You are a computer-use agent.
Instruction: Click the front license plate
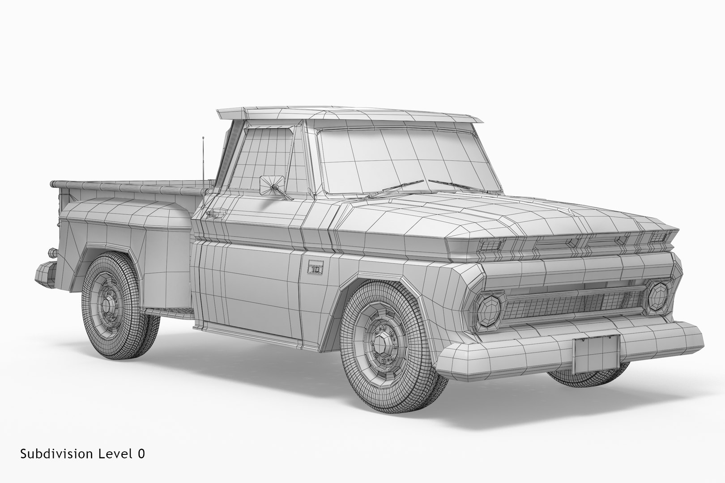coord(596,354)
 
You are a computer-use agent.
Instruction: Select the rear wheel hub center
coord(107,305)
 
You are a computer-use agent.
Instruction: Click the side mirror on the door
coord(272,186)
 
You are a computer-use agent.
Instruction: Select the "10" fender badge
coord(316,269)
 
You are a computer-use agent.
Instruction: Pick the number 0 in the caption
coord(141,454)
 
